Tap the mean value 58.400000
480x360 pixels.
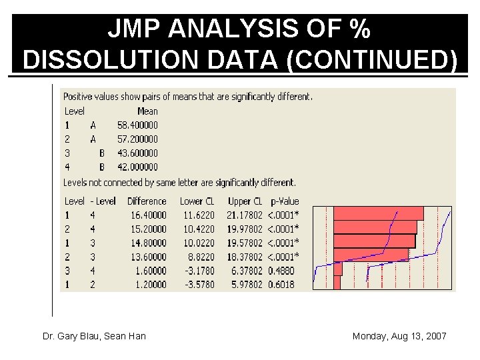tap(137, 125)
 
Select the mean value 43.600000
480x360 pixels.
tap(137, 153)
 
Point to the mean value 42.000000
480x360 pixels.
tap(137, 167)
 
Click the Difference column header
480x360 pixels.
tap(147, 201)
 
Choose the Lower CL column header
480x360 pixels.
tap(197, 201)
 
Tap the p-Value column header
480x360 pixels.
tap(285, 201)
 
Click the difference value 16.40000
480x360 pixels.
tap(147, 215)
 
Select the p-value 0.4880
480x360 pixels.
tap(281, 271)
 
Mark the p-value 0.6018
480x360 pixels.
tap(281, 285)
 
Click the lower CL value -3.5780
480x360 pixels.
tap(200, 285)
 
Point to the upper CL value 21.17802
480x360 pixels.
tap(245, 215)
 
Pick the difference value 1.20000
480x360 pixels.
tap(149, 285)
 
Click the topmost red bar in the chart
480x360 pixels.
tap(377, 213)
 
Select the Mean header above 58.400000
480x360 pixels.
tap(147, 111)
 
